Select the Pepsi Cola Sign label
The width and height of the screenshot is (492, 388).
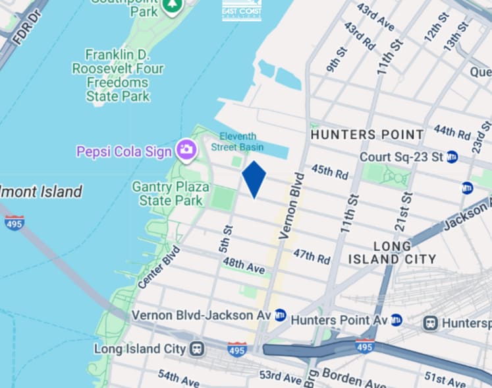[124, 151]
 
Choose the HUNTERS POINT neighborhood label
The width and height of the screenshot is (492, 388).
[367, 135]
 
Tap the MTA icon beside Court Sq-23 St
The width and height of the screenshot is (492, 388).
[452, 157]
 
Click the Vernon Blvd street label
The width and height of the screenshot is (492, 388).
[291, 205]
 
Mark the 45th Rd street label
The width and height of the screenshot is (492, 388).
[330, 173]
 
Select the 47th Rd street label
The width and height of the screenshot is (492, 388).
[312, 256]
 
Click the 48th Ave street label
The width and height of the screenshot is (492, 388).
[243, 266]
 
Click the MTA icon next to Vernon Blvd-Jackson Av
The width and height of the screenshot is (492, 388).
[281, 315]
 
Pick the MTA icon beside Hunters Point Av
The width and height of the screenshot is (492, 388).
[396, 320]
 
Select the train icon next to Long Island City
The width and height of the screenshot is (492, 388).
[196, 348]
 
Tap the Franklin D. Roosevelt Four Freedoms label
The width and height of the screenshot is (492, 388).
[118, 74]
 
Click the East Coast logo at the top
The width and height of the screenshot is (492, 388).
[242, 11]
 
